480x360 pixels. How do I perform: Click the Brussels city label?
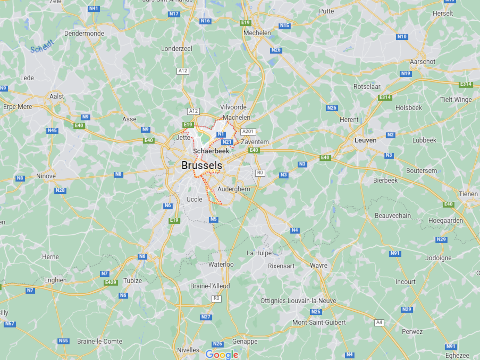(x=203, y=165)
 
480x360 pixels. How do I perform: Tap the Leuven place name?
(x=366, y=140)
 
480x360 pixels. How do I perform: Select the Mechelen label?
(x=257, y=31)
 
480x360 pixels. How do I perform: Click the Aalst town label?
(x=56, y=96)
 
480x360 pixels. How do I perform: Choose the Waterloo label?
(x=219, y=264)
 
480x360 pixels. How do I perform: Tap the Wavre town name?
(x=319, y=265)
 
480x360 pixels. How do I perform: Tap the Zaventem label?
(x=258, y=142)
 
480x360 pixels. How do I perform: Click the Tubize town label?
(x=131, y=280)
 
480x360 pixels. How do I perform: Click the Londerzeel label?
(x=176, y=47)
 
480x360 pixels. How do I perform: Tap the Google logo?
(x=222, y=353)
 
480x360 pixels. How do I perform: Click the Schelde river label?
(x=42, y=46)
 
